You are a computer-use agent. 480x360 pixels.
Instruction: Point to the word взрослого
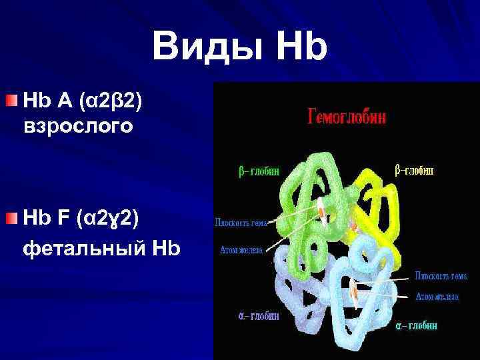coord(78,125)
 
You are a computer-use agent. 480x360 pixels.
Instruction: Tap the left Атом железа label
coord(241,251)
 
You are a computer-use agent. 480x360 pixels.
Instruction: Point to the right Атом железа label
coord(437,296)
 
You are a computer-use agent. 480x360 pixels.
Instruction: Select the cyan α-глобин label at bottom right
coord(416,326)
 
